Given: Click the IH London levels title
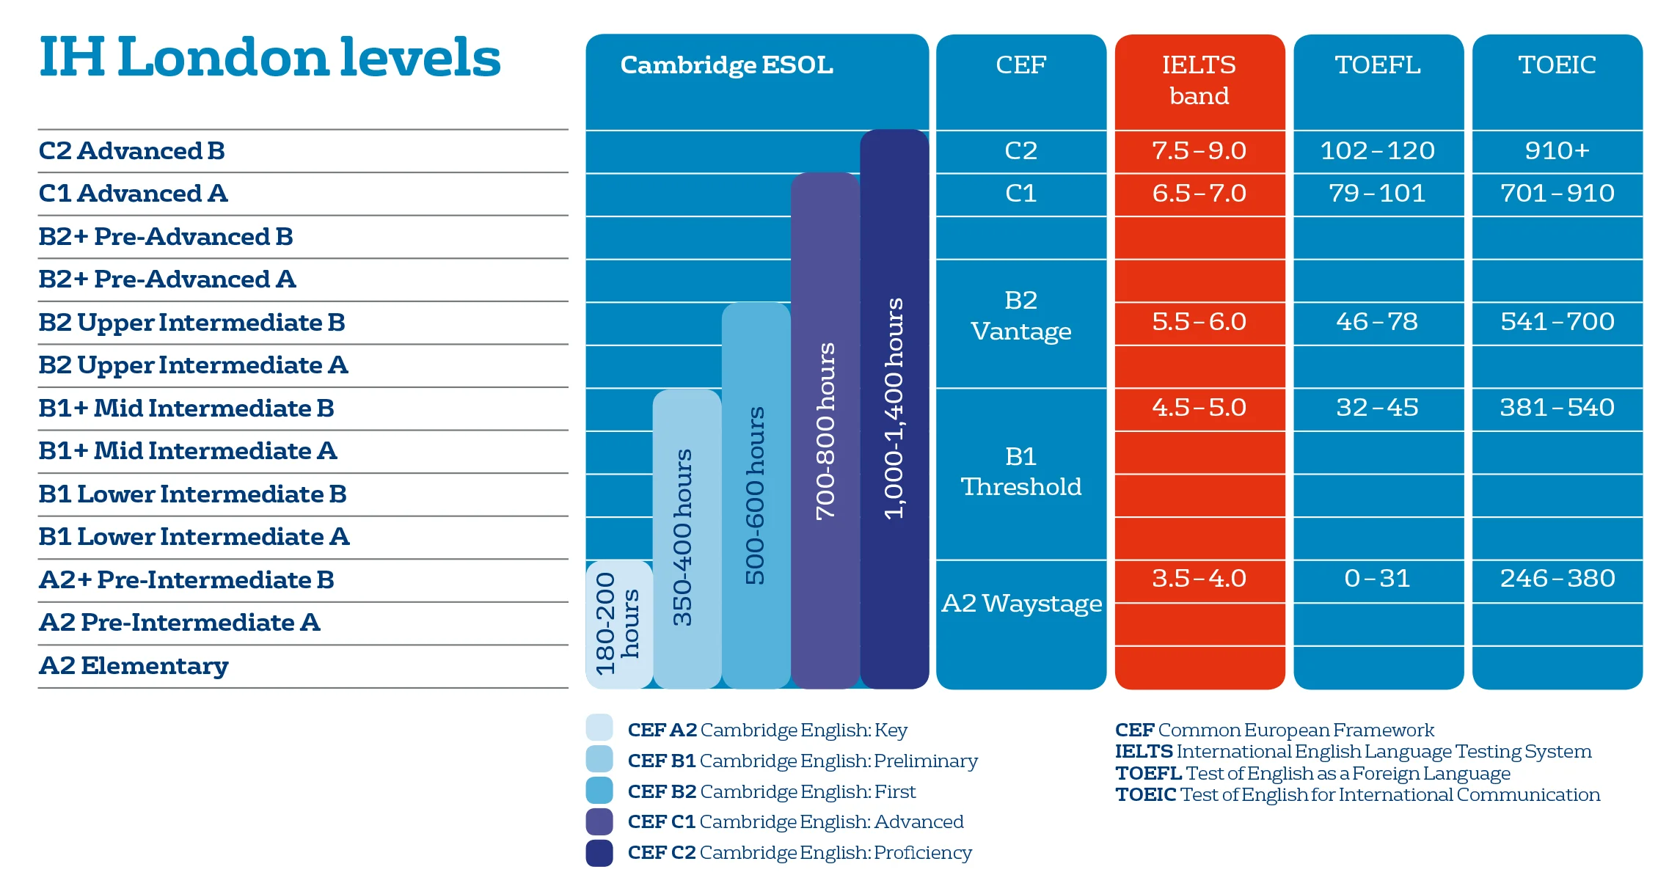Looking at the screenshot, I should pyautogui.click(x=269, y=58).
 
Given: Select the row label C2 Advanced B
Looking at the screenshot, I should pyautogui.click(x=131, y=150).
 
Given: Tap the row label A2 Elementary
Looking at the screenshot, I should pyautogui.click(x=134, y=666).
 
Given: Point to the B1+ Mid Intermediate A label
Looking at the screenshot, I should pyautogui.click(x=187, y=451).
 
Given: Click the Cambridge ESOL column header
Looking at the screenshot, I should pyautogui.click(x=726, y=65).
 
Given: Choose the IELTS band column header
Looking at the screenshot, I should pyautogui.click(x=1199, y=80).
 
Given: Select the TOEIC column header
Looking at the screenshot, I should pyautogui.click(x=1557, y=65).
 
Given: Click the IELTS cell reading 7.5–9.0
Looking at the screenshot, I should pyautogui.click(x=1199, y=150).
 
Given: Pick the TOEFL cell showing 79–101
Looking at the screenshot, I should pyautogui.click(x=1377, y=194).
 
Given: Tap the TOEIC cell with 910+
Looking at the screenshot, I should pyautogui.click(x=1557, y=150).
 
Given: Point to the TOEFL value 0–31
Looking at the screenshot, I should pyautogui.click(x=1377, y=579).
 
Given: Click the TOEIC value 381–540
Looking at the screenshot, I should pyautogui.click(x=1557, y=408).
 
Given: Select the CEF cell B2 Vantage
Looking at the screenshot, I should pyautogui.click(x=1020, y=316).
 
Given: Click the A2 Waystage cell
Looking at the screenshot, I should pyautogui.click(x=1020, y=604).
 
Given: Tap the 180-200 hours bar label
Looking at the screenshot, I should pyautogui.click(x=617, y=623).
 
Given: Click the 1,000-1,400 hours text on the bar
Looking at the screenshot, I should pyautogui.click(x=894, y=409).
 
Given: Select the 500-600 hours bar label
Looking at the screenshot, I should pyautogui.click(x=755, y=495).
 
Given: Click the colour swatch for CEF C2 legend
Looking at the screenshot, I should pyautogui.click(x=599, y=853).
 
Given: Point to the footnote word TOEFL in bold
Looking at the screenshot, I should pyautogui.click(x=1148, y=774).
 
